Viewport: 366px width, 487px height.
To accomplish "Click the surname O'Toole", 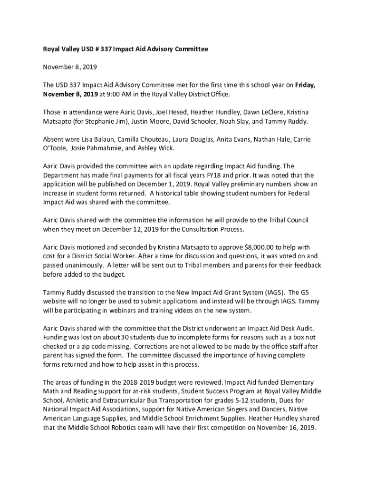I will click(x=55, y=148).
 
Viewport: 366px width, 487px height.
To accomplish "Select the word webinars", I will click(x=138, y=311).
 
